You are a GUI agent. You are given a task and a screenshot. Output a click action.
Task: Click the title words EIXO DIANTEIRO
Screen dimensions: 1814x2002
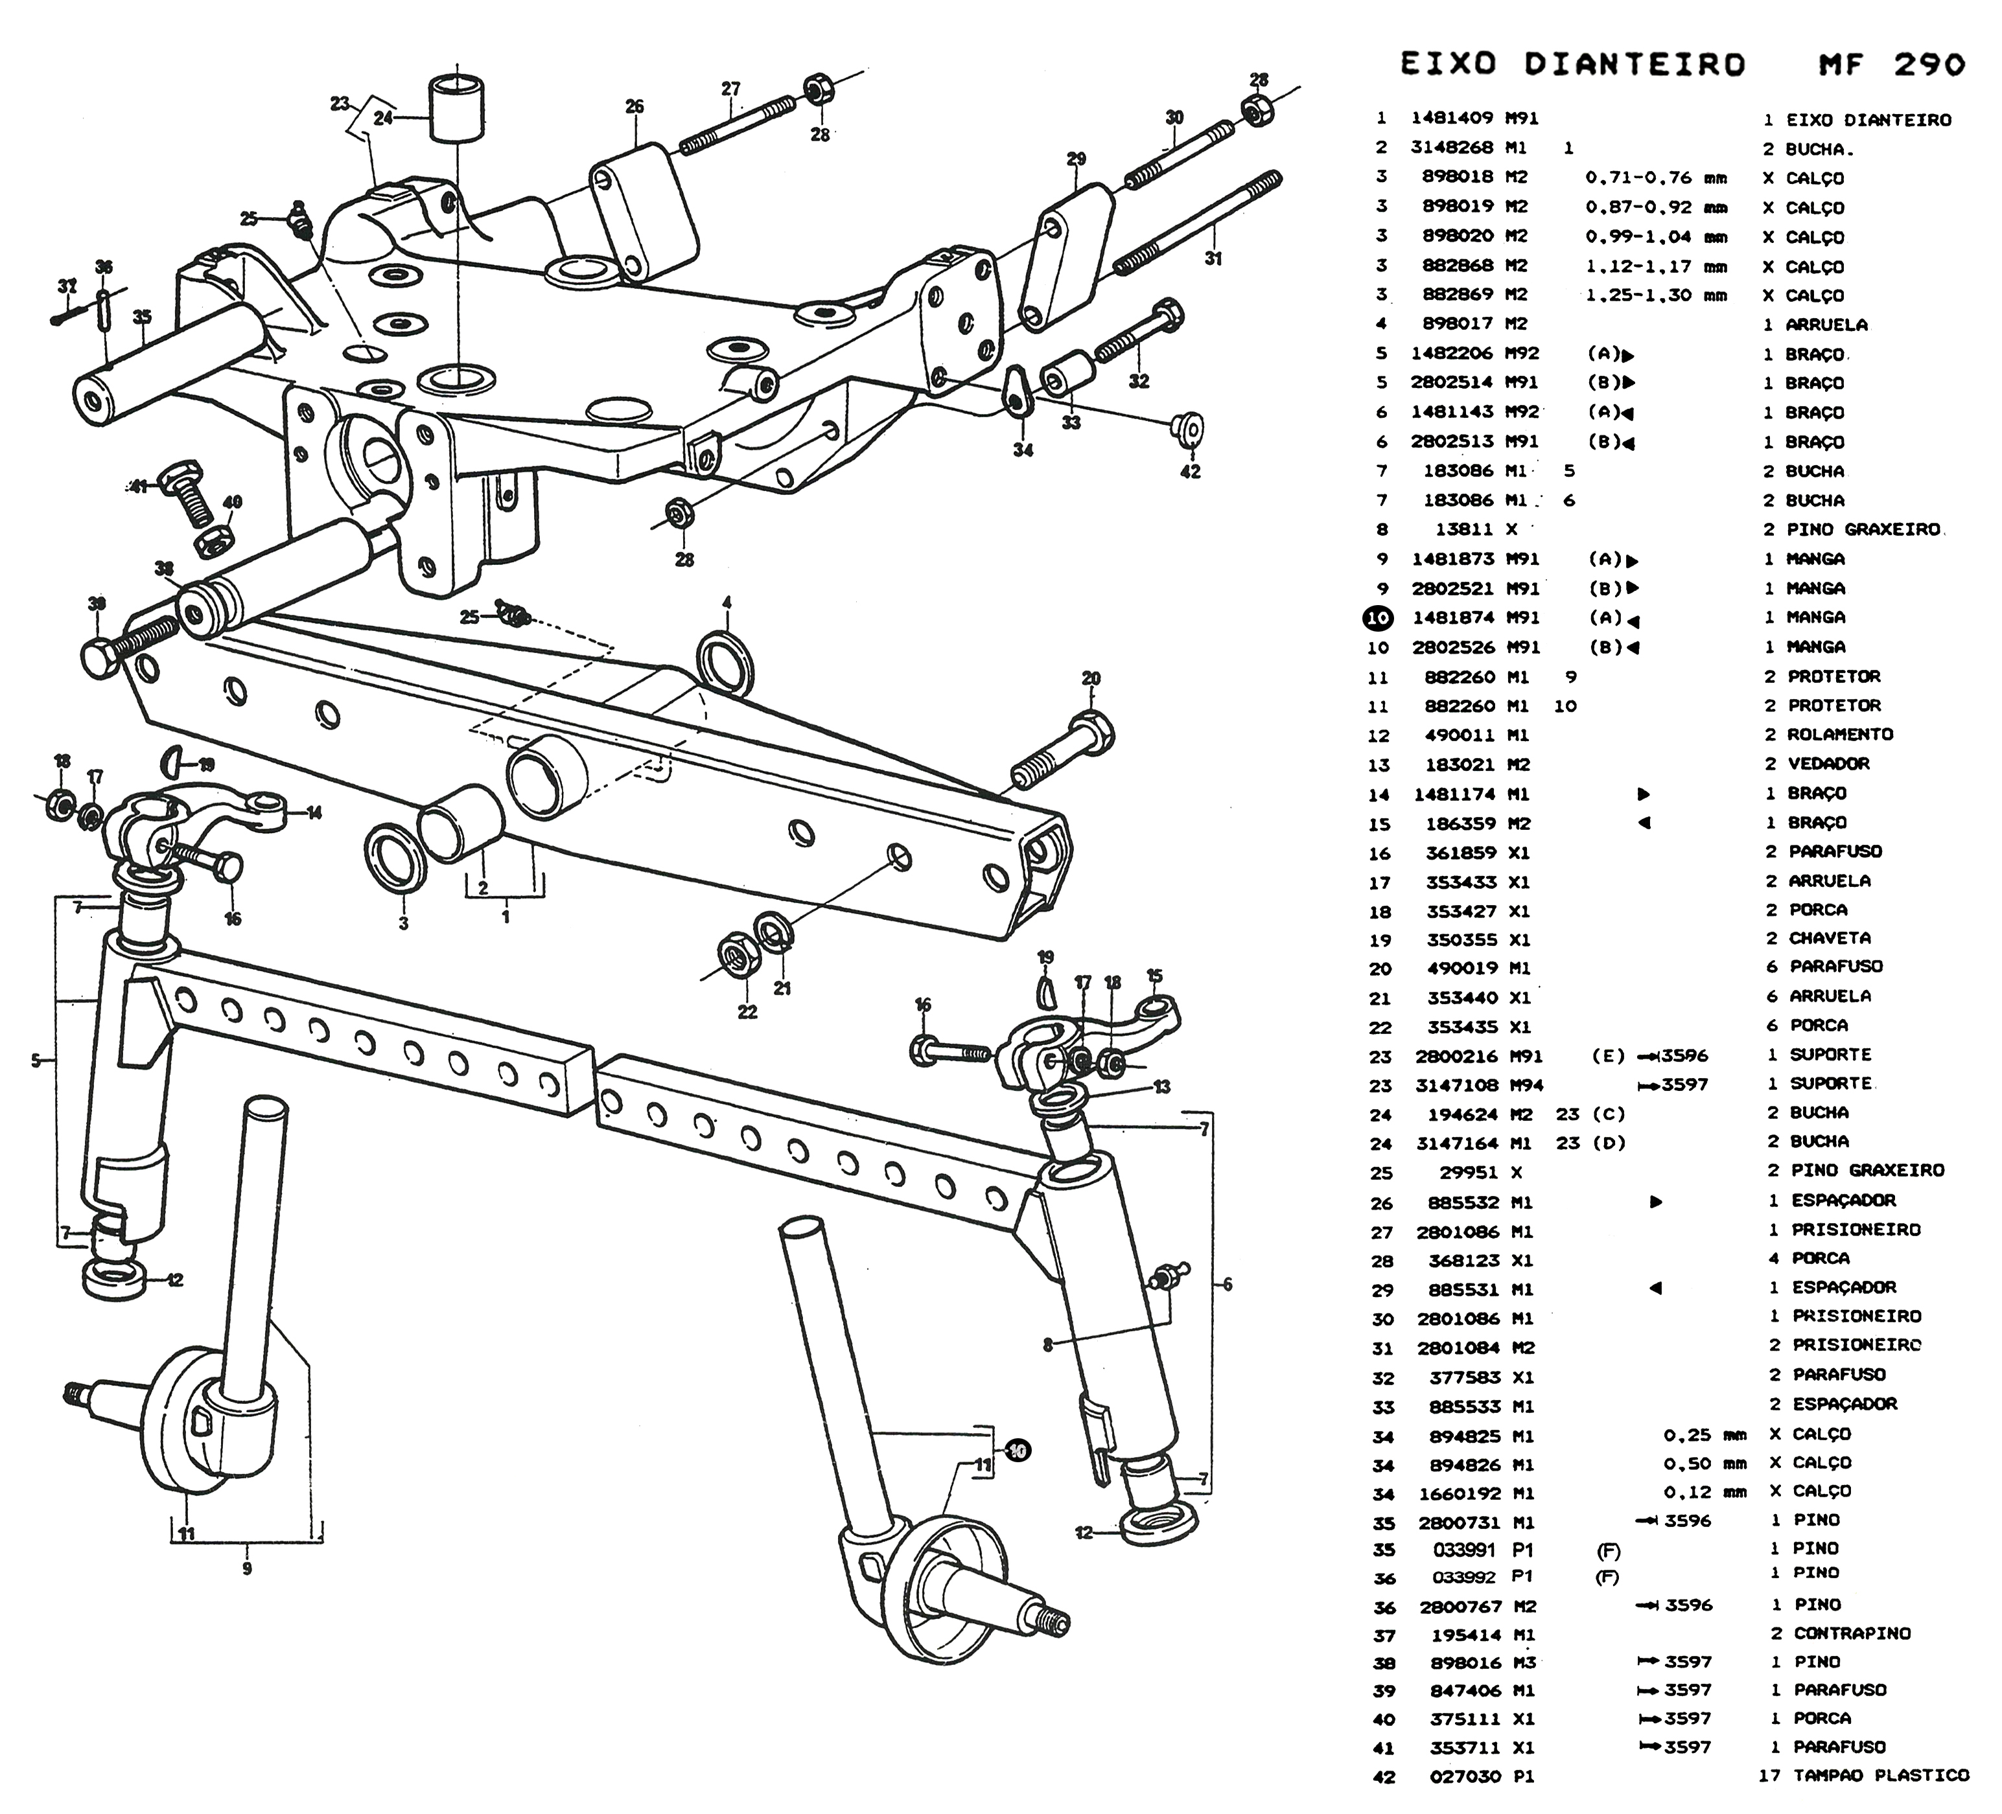1572,65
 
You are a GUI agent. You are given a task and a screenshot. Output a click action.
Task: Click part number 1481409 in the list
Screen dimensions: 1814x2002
1452,118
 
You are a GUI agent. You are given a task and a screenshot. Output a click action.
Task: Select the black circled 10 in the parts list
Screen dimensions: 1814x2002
1379,617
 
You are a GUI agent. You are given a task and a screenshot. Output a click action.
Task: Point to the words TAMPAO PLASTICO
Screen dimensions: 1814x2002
1880,1774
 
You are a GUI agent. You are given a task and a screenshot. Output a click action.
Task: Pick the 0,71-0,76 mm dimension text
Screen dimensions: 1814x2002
1655,178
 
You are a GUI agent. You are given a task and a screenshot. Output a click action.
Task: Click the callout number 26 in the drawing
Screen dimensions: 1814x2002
634,106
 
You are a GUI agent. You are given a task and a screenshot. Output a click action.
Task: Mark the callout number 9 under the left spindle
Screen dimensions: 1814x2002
246,1568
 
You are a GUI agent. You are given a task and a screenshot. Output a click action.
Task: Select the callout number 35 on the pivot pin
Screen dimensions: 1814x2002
142,317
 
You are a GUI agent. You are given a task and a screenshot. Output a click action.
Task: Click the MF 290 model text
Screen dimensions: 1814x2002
1892,65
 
